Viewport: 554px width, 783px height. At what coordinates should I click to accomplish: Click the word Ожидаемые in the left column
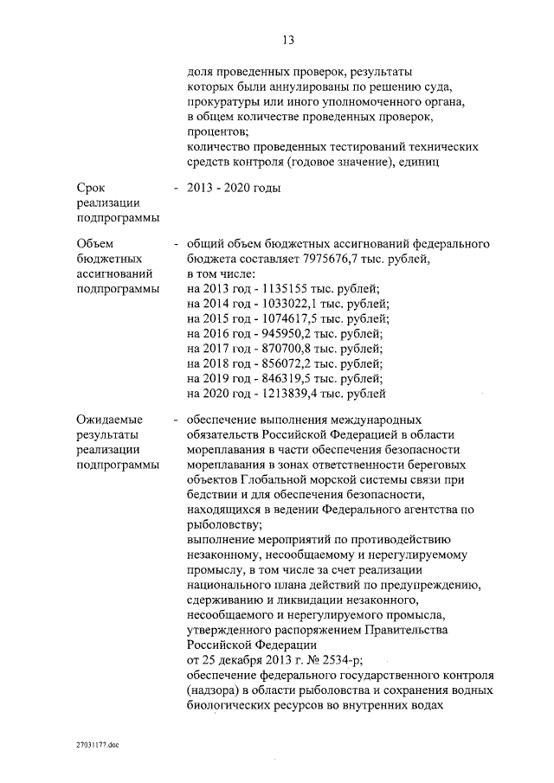pyautogui.click(x=109, y=420)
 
